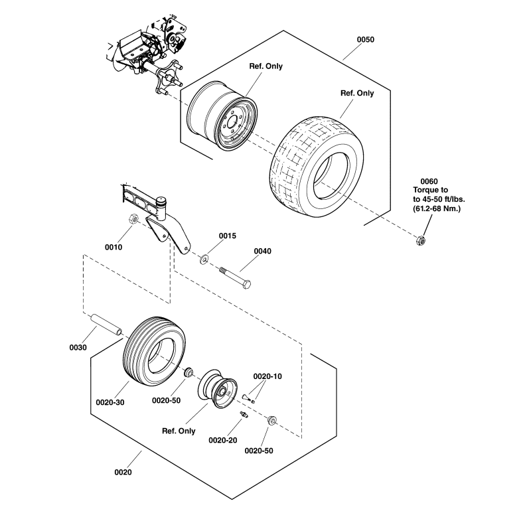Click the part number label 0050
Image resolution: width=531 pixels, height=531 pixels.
point(366,40)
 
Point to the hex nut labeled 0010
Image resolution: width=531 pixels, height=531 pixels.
point(133,220)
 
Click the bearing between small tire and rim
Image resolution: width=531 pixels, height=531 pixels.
point(188,372)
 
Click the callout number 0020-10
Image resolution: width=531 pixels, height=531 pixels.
point(267,376)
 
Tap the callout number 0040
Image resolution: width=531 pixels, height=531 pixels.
point(263,251)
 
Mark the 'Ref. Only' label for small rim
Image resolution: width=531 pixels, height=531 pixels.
point(179,431)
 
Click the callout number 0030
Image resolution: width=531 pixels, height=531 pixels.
point(78,348)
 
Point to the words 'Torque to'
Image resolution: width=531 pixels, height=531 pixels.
point(430,190)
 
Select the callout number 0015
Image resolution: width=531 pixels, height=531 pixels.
point(228,236)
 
